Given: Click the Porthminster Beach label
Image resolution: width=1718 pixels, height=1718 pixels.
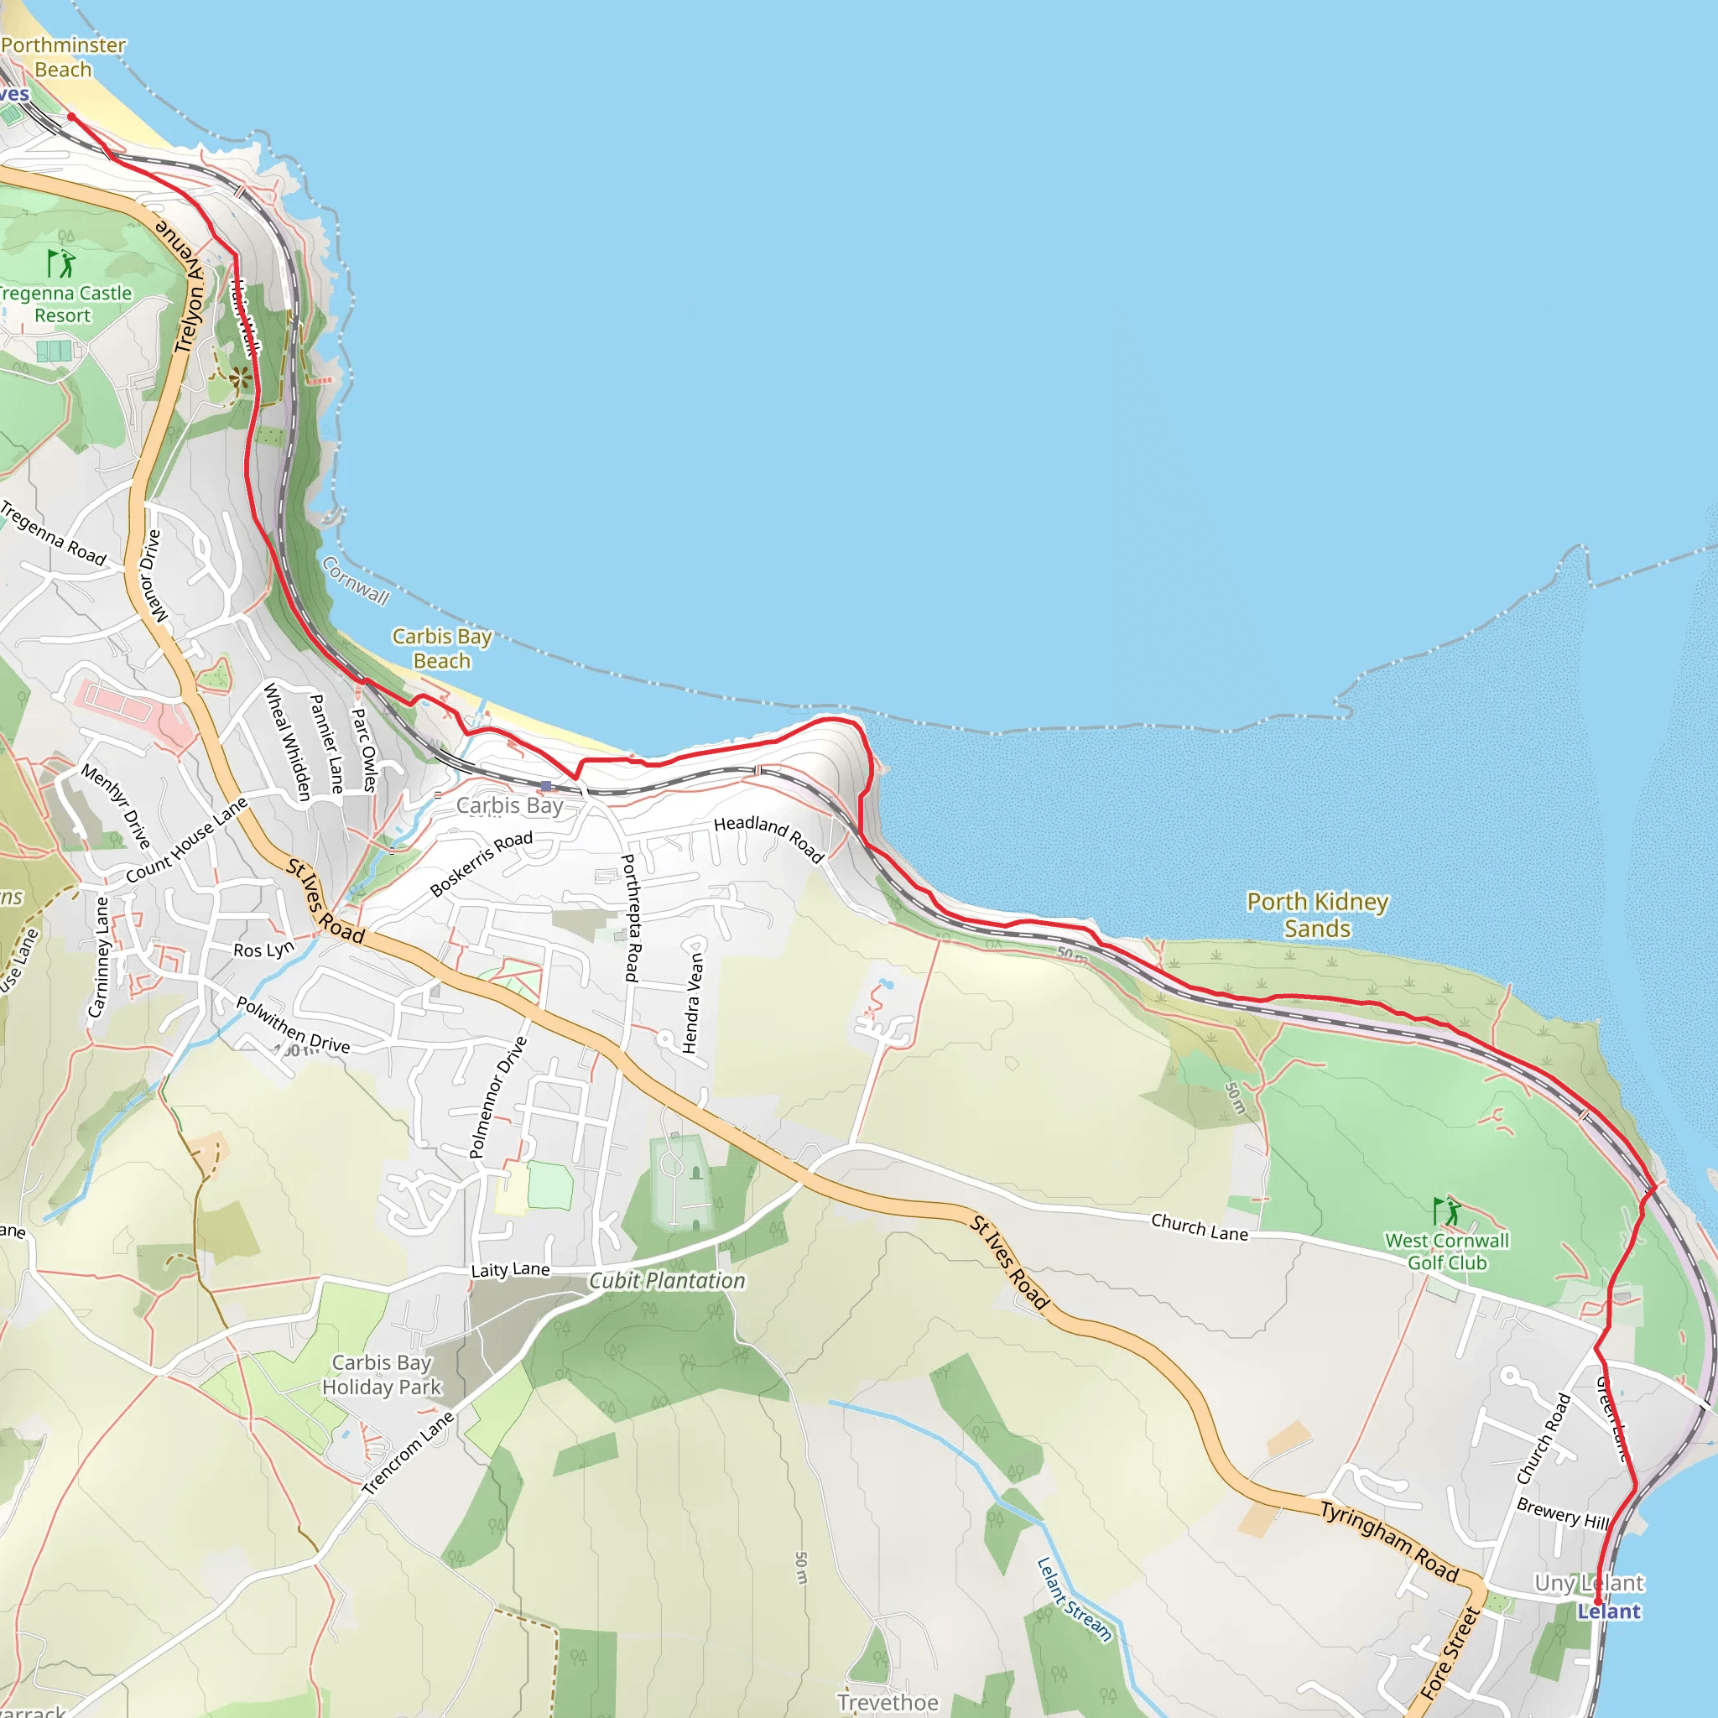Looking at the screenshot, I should tap(63, 57).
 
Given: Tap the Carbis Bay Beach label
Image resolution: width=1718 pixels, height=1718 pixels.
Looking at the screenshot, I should tap(442, 648).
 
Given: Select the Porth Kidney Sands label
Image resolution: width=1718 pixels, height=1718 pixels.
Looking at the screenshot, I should tap(1317, 915).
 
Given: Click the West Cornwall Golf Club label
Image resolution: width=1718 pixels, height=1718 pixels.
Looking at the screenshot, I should tap(1447, 1251).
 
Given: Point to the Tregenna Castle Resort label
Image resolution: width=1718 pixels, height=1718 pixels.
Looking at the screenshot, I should tap(64, 305).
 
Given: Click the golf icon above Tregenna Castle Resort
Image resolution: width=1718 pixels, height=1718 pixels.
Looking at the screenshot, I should tap(60, 263).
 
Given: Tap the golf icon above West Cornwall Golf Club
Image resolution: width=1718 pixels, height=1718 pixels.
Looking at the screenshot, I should tap(1447, 1211).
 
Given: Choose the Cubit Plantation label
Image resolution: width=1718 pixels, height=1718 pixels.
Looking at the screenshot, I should tap(667, 1280).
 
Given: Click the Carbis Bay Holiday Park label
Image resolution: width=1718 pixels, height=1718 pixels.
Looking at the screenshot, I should tap(382, 1375).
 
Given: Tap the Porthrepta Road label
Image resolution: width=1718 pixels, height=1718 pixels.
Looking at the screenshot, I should tap(630, 918).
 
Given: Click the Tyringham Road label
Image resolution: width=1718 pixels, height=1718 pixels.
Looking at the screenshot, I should tap(1389, 1541).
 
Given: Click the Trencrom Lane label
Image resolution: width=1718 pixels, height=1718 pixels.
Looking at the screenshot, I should tap(409, 1453).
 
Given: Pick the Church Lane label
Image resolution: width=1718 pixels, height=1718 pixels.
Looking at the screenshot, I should tap(1200, 1227).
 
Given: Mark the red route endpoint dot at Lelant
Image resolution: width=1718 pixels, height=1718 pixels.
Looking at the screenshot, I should tap(1598, 1602).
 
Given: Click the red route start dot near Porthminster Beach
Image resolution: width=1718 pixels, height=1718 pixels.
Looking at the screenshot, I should tap(71, 117).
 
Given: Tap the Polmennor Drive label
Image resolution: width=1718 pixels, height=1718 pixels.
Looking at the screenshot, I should tap(498, 1097).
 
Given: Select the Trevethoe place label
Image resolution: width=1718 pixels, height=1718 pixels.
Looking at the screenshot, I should tap(888, 1702).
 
